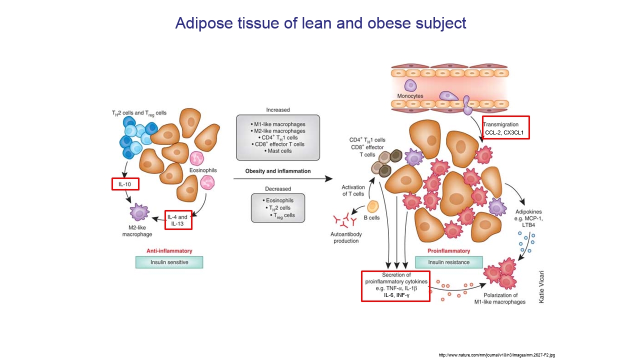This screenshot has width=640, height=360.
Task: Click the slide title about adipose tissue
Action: [320, 23]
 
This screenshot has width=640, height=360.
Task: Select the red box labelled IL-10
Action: [125, 184]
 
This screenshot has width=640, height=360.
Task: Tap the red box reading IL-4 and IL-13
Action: [178, 220]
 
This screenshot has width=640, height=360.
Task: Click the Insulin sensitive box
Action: [169, 262]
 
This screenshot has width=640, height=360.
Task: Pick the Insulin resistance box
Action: [449, 262]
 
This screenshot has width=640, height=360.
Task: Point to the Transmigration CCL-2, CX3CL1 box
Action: [505, 128]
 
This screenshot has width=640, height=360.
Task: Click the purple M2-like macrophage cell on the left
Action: [139, 212]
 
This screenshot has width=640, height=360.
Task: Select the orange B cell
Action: [373, 206]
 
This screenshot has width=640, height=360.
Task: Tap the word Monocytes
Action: [410, 96]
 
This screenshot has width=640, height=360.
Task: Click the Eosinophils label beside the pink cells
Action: [202, 170]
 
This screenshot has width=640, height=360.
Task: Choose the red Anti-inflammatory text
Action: [169, 251]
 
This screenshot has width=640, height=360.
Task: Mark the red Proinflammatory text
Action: [449, 251]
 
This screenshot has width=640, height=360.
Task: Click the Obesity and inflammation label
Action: [277, 171]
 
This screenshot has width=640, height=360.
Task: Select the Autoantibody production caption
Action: [346, 237]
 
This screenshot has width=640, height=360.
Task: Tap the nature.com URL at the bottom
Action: [496, 355]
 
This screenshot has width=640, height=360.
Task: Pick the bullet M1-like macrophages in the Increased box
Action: [278, 124]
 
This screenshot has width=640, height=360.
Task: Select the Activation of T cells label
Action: [352, 190]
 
